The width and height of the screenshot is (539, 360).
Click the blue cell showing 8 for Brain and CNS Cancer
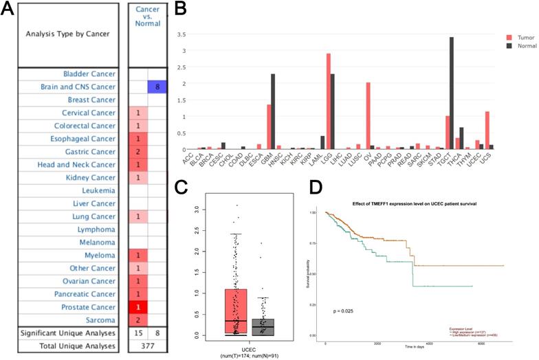[156, 87]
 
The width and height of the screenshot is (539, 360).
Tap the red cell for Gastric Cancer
[137, 151]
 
